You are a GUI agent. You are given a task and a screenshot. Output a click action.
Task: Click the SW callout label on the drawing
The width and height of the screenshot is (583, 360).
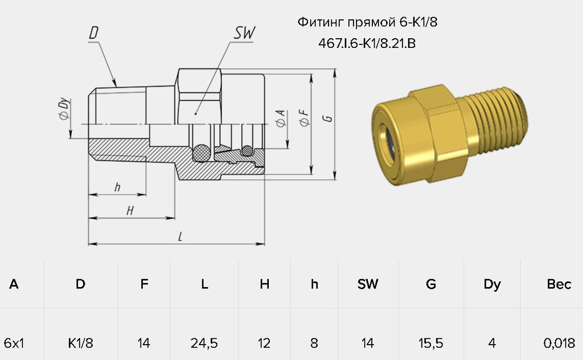(245, 32)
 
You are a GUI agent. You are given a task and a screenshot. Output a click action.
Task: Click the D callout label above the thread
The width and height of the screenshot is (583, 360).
(94, 32)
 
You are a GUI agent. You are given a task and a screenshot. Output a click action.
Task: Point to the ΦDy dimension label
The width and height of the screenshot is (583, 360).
(64, 109)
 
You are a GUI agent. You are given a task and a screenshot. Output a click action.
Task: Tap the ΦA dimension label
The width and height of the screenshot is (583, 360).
(281, 118)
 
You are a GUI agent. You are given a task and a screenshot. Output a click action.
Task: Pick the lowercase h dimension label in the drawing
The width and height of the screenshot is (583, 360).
(117, 187)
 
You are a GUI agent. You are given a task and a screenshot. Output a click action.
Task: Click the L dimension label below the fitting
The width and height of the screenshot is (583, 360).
(180, 236)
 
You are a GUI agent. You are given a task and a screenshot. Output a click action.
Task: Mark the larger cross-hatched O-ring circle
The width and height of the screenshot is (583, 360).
(202, 153)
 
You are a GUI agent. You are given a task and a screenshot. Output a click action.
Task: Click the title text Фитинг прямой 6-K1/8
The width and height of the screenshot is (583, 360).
(367, 22)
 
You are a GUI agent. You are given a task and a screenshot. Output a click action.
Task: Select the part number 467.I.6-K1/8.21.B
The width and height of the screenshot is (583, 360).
(367, 43)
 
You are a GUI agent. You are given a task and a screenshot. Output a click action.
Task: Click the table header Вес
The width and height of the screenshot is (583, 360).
(559, 284)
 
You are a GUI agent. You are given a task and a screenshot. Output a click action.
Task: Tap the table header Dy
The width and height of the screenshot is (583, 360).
(492, 284)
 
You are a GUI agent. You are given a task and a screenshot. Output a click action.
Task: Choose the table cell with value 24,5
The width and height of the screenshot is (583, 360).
(204, 343)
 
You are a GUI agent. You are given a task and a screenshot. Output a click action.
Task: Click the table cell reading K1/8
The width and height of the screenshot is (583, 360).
(80, 343)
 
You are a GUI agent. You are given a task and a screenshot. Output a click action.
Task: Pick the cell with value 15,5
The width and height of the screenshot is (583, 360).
(430, 343)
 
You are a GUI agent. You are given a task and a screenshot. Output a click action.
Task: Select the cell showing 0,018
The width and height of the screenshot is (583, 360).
(559, 343)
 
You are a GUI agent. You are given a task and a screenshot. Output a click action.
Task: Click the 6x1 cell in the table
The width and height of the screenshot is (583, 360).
(14, 343)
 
